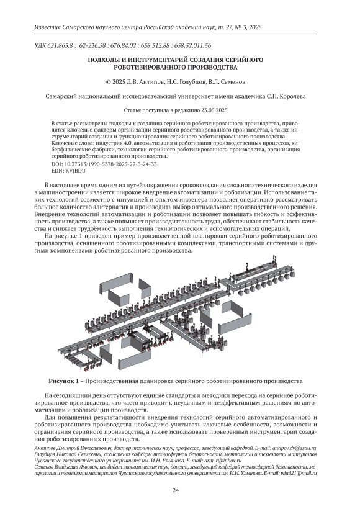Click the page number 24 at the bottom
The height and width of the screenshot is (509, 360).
[176, 490]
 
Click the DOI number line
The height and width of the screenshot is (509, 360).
[104, 164]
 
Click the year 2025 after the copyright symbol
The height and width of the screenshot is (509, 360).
[118, 82]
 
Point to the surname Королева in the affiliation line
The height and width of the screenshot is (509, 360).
[292, 96]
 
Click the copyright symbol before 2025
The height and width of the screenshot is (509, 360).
[109, 82]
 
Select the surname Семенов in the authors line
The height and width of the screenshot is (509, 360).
[233, 82]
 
